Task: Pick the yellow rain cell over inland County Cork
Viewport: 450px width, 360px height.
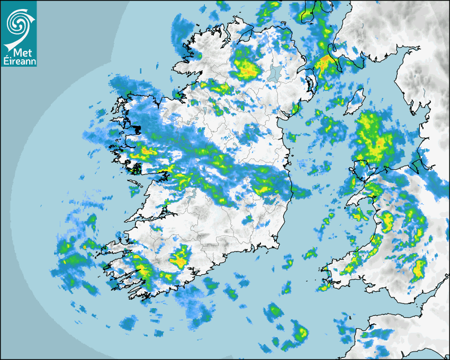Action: pyautogui.click(x=181, y=259)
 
